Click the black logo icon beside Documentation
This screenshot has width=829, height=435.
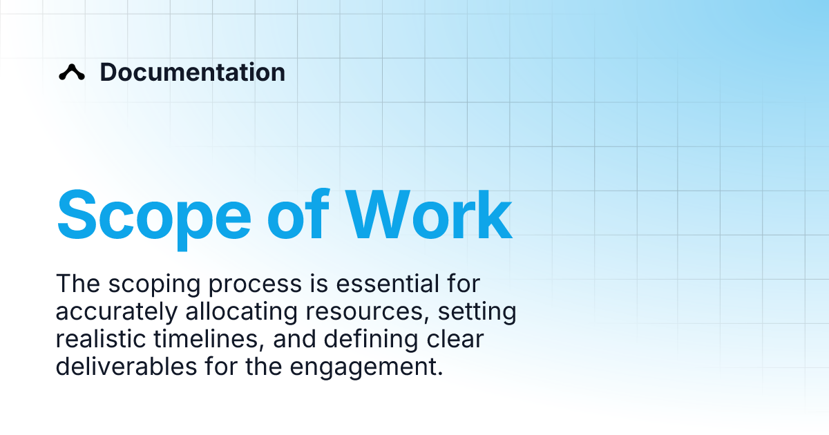72,72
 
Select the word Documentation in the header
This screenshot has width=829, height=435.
192,72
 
